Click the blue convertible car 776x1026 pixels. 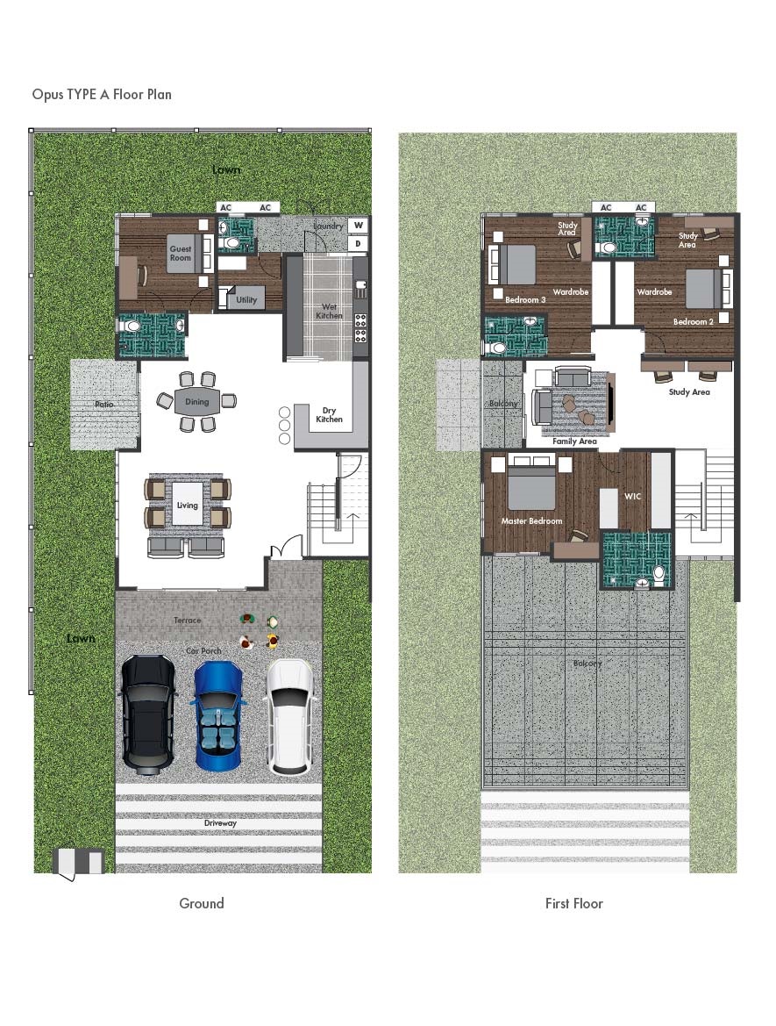(217, 715)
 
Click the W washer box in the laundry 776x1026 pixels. (358, 225)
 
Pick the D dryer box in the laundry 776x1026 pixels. (358, 243)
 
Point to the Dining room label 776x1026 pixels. (197, 402)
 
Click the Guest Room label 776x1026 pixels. (181, 254)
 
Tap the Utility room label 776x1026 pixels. (246, 300)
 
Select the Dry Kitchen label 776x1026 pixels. (329, 414)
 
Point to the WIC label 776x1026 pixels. (633, 497)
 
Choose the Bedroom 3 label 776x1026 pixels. (525, 300)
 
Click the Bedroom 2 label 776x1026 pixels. (693, 322)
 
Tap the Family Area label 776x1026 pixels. (574, 441)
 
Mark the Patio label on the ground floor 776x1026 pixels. (104, 405)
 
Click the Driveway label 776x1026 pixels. (219, 823)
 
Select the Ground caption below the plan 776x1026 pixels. (202, 903)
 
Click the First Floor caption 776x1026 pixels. (574, 903)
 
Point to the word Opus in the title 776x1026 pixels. (47, 94)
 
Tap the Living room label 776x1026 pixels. (187, 506)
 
